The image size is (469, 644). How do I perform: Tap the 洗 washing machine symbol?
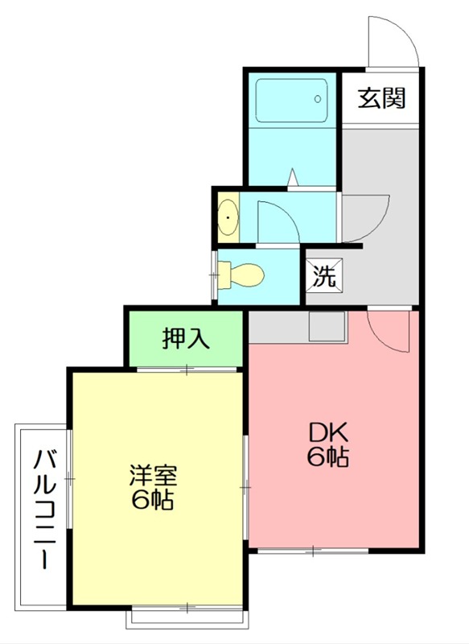tap(323, 276)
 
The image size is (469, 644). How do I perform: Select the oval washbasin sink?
tap(228, 217)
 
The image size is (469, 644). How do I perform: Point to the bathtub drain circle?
tap(318, 99)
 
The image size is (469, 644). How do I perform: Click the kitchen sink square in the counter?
tap(326, 326)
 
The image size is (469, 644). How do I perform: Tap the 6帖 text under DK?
tap(326, 457)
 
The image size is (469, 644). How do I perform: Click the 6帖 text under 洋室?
tap(153, 500)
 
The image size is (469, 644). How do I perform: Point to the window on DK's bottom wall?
tap(313, 551)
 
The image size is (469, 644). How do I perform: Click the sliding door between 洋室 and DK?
tap(245, 487)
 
